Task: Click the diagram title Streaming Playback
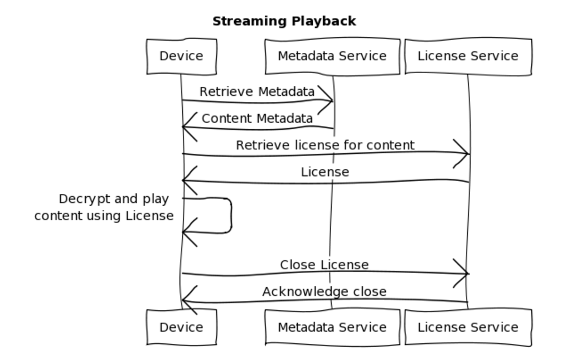click(x=284, y=21)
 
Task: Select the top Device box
click(x=181, y=56)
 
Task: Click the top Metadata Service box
click(x=332, y=56)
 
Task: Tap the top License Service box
click(x=468, y=56)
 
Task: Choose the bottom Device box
click(x=181, y=327)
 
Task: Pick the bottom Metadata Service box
click(x=332, y=327)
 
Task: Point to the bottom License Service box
click(x=468, y=327)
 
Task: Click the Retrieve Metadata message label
click(x=257, y=91)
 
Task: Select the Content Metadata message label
click(x=257, y=119)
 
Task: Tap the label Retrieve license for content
click(x=325, y=145)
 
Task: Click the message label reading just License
click(x=325, y=172)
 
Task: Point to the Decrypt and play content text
click(x=104, y=207)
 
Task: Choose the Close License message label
click(x=324, y=265)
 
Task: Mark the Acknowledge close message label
click(x=324, y=291)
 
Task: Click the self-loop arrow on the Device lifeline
click(x=229, y=215)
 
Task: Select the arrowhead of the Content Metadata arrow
click(x=188, y=127)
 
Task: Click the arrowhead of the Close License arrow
click(x=463, y=273)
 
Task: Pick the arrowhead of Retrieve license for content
click(x=463, y=153)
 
